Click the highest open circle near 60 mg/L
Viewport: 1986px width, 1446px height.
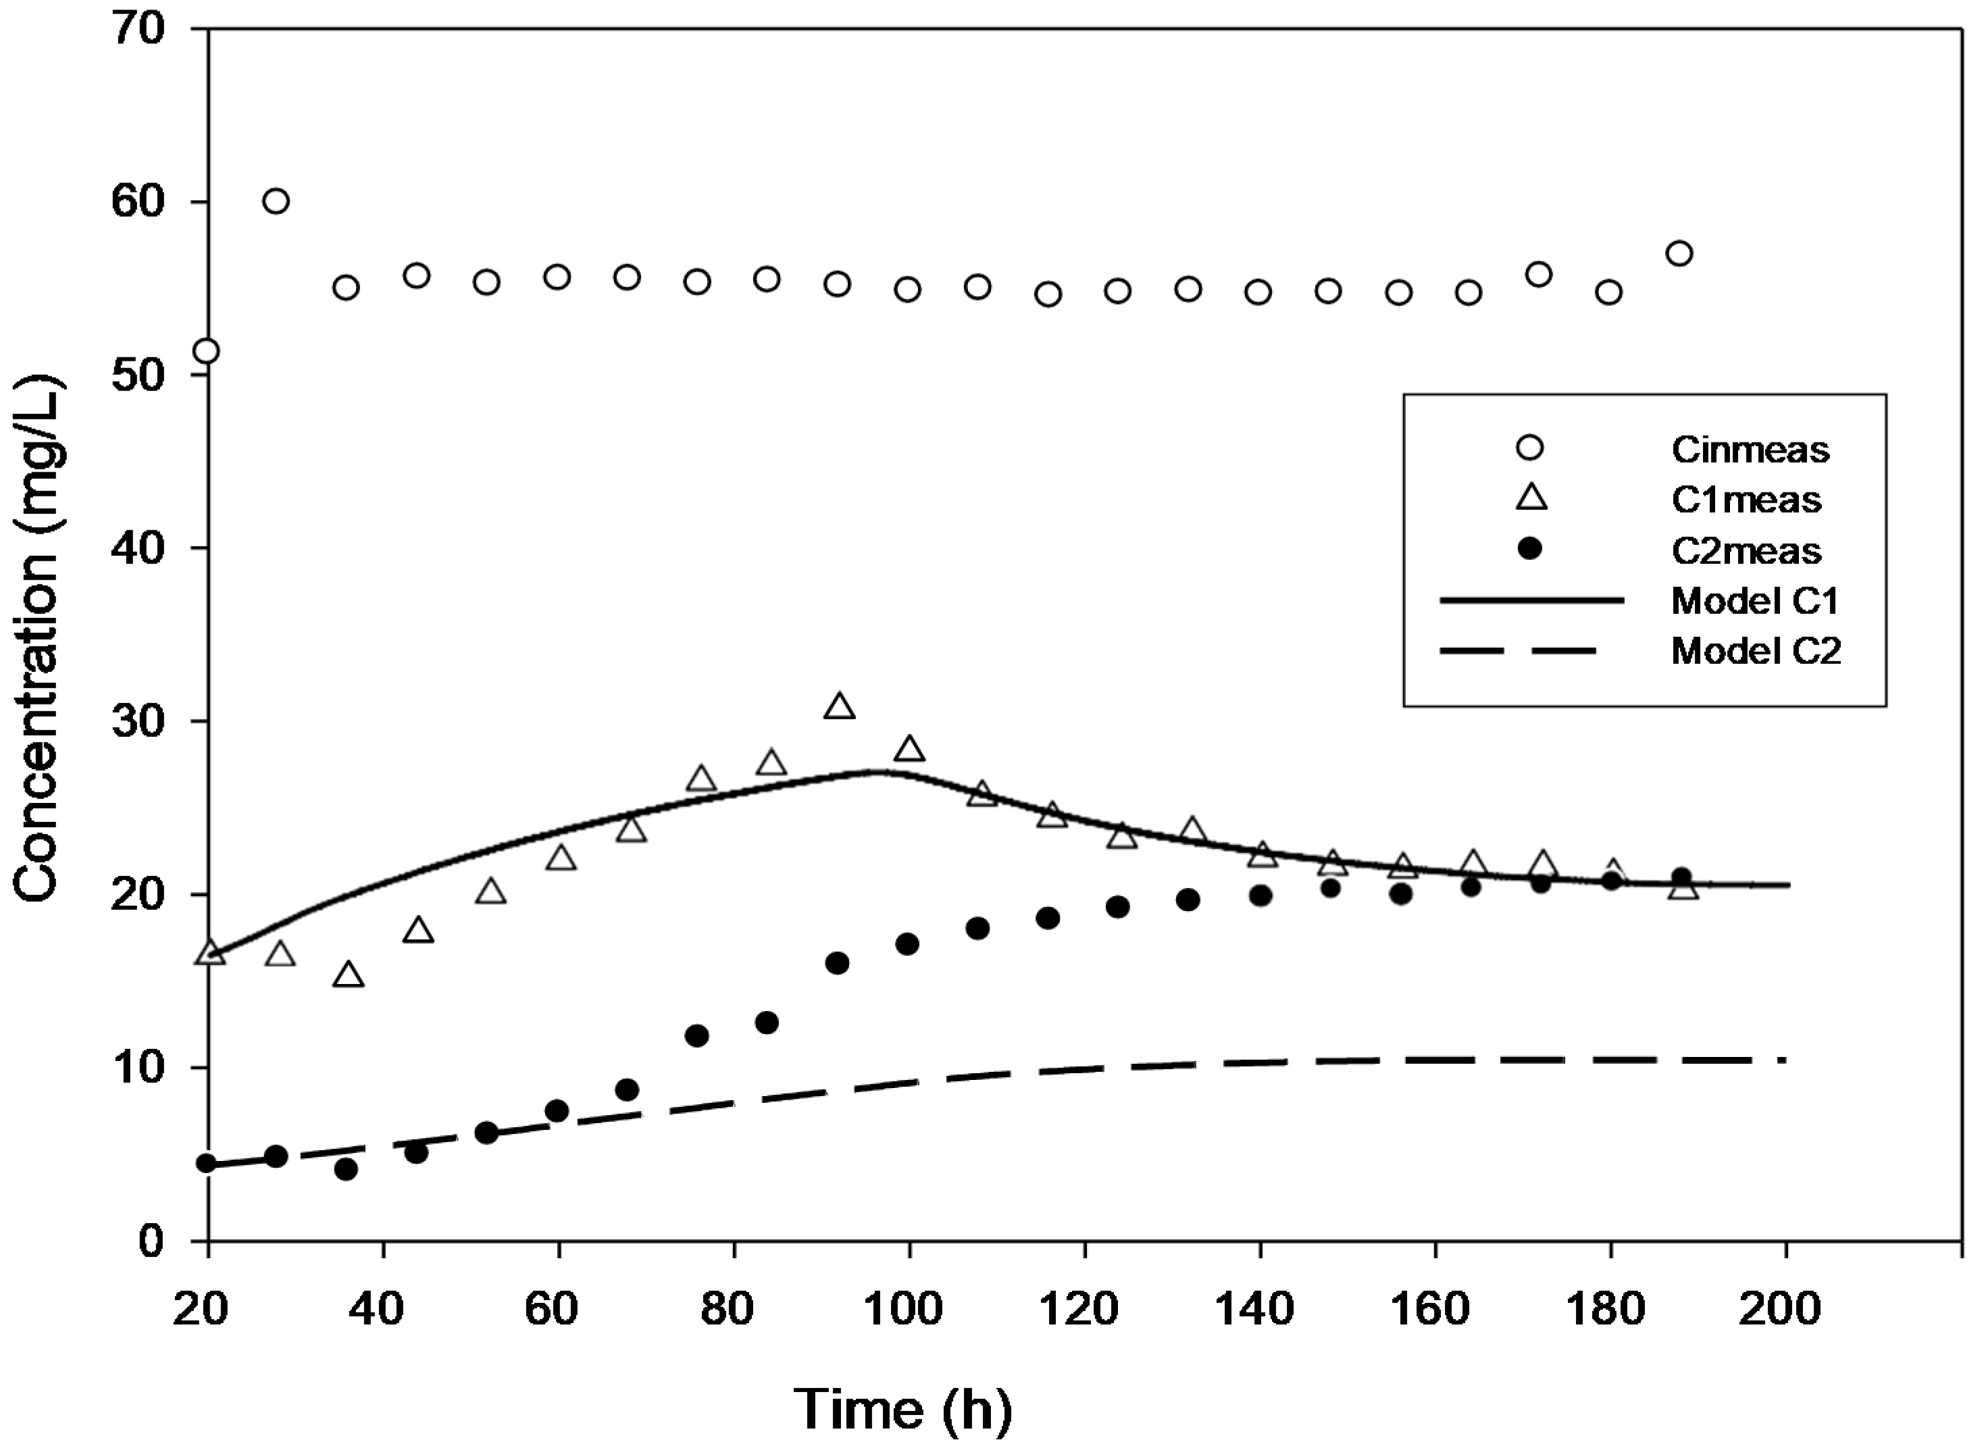[276, 201]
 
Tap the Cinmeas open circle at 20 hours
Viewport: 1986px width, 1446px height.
[207, 351]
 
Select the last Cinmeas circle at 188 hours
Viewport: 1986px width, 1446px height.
[1679, 254]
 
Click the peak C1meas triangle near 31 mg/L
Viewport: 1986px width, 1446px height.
[839, 707]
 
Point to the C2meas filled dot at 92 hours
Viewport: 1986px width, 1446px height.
[837, 963]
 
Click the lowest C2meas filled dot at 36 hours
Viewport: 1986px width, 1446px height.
[346, 1168]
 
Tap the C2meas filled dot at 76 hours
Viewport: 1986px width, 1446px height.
[697, 1035]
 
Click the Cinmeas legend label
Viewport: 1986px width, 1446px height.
[1750, 450]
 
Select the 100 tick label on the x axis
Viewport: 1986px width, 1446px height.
[909, 1310]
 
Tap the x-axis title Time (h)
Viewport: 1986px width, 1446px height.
[902, 1410]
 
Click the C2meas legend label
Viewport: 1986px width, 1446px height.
[1746, 551]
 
